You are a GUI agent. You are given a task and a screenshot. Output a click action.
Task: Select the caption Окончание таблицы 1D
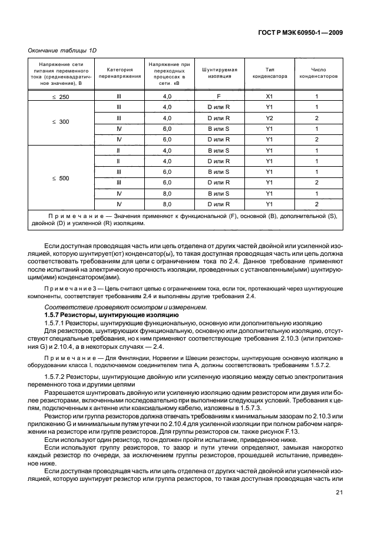coord(62,51)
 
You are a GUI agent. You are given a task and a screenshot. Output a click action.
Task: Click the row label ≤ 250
coord(61,97)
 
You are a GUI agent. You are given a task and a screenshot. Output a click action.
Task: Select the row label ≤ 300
coord(61,123)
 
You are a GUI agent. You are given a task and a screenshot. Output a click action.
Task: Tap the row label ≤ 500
coord(61,177)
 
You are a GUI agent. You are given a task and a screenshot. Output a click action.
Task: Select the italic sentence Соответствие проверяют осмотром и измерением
coord(125,308)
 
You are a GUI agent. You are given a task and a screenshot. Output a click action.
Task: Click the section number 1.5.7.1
coord(57,324)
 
